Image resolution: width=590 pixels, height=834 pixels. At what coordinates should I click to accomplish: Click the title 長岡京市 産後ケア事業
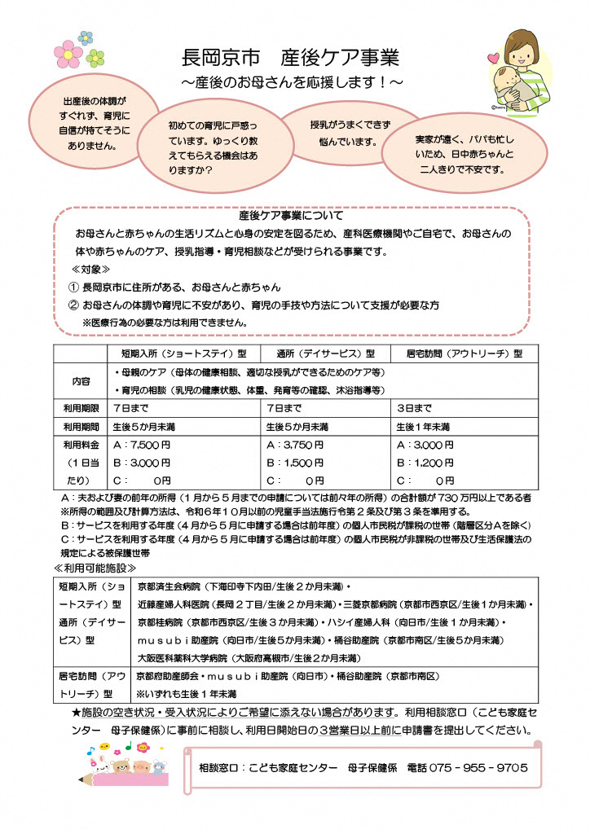(x=289, y=58)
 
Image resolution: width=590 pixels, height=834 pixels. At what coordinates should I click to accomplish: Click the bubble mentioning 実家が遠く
(x=464, y=155)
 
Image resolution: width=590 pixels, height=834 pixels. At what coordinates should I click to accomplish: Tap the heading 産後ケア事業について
(x=291, y=217)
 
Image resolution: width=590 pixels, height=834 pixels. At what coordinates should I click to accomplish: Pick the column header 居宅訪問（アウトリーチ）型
(x=464, y=354)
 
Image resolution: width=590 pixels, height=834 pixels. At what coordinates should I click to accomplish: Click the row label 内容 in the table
(x=80, y=380)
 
